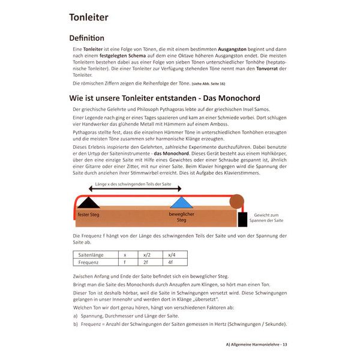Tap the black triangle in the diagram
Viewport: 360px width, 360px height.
[x=89, y=202]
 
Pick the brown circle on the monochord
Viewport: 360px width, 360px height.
[x=237, y=200]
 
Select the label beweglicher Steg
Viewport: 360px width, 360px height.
[x=182, y=217]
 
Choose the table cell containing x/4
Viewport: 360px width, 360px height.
[x=172, y=255]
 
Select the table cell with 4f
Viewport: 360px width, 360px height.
[x=172, y=262]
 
